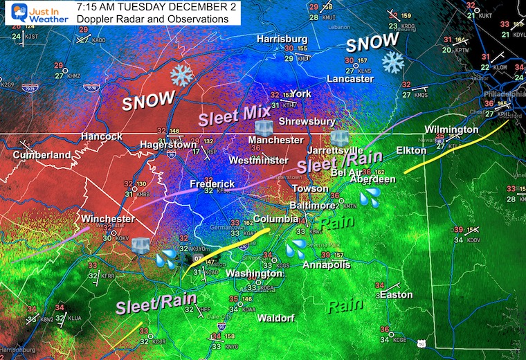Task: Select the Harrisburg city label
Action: (282, 39)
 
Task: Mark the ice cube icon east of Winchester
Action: (140, 246)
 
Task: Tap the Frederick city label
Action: (213, 184)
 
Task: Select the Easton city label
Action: (397, 295)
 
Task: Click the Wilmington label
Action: (451, 129)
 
